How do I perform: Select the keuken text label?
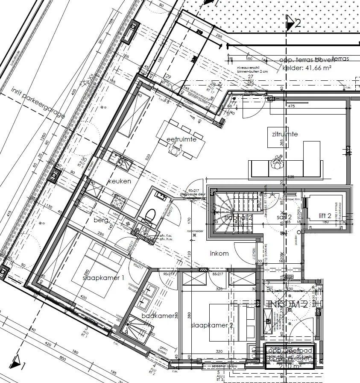119,181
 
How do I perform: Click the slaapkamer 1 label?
103,278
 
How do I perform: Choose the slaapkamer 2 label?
212,326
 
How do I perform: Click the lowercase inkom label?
219,253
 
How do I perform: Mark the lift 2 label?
325,215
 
